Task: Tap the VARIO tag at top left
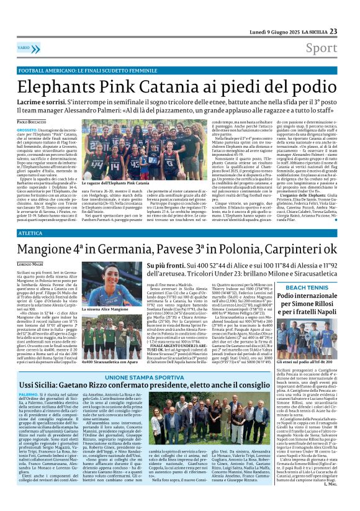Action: [40, 48]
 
